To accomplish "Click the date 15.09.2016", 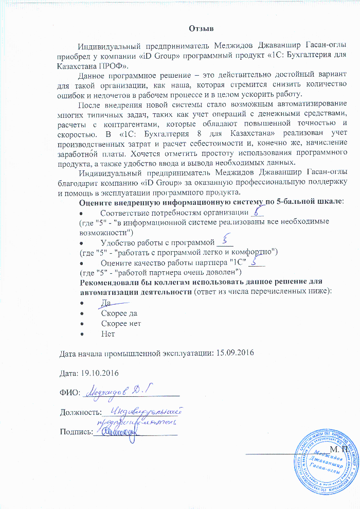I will (x=233, y=353).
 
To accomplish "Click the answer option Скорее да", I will (x=119, y=313).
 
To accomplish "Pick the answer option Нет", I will (x=108, y=334).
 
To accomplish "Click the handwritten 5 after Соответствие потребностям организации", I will (x=259, y=211).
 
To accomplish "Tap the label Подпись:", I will (x=75, y=432).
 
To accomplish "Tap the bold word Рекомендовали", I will (x=110, y=282).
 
